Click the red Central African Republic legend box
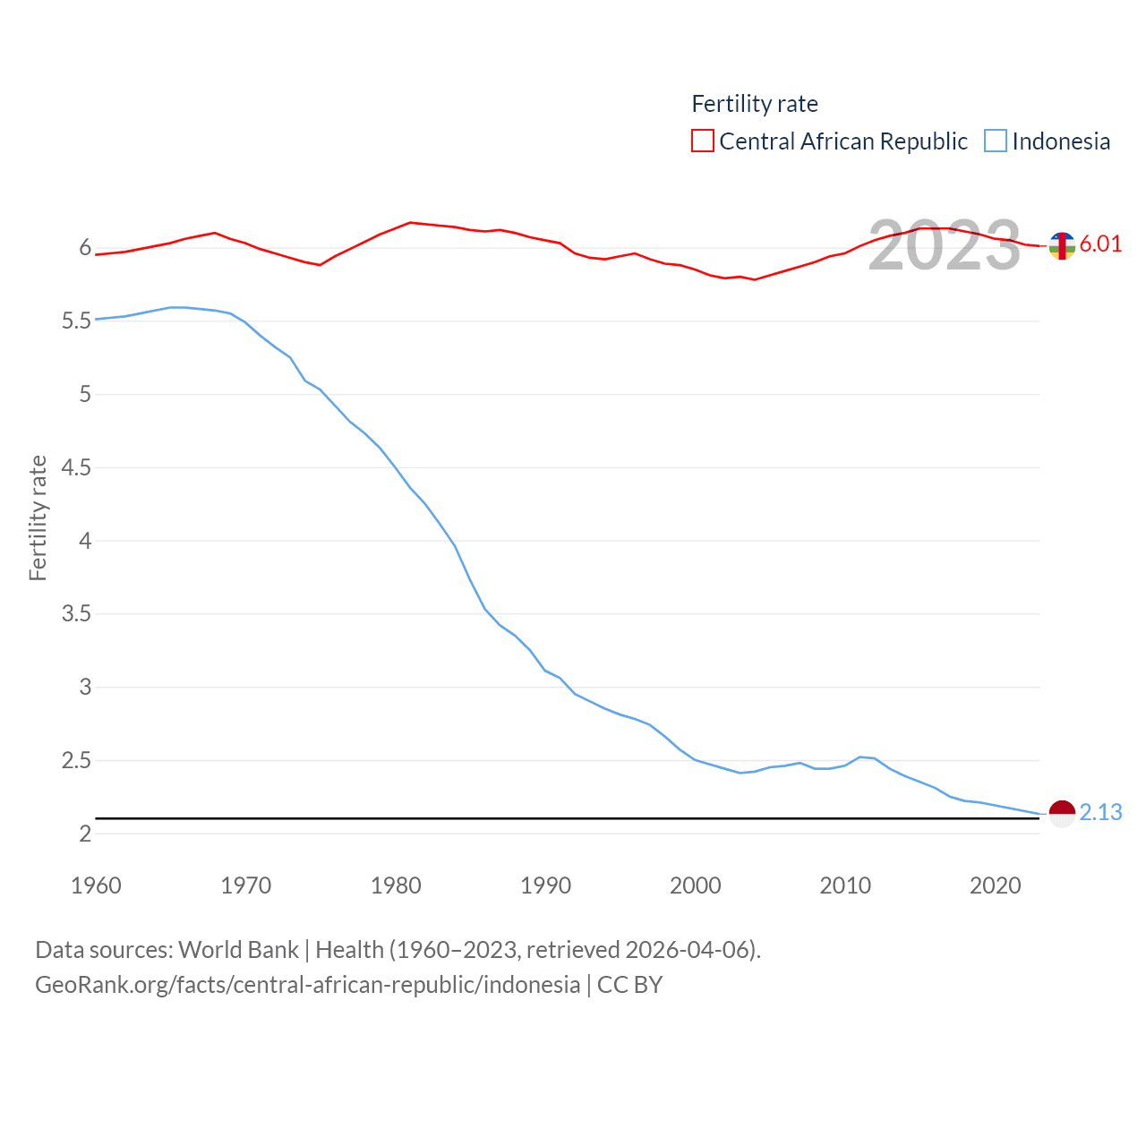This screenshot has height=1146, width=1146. coord(703,141)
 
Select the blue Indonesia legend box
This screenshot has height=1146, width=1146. coord(996,141)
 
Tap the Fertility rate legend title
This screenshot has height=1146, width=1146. coord(755,104)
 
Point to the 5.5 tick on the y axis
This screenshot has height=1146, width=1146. coord(77,321)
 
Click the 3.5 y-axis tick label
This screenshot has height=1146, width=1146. coord(77,614)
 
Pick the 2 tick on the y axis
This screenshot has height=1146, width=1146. coord(85,834)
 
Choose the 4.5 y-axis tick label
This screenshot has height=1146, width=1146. coord(77,467)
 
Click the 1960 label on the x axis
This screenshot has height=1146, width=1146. coord(96,885)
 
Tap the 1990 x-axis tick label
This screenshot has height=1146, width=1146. coord(545,885)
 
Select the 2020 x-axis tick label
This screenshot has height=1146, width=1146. coord(995,885)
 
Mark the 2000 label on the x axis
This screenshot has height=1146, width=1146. coord(696,885)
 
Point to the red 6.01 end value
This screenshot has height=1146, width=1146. coord(1100,244)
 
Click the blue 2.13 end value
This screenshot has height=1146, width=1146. coord(1100,812)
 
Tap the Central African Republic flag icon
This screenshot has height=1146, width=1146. coord(1062,245)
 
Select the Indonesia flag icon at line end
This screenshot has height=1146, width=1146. coord(1062,814)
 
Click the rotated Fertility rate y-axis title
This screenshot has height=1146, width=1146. coord(38,517)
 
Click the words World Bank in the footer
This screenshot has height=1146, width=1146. coord(238,950)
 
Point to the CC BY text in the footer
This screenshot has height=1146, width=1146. coord(629,985)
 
